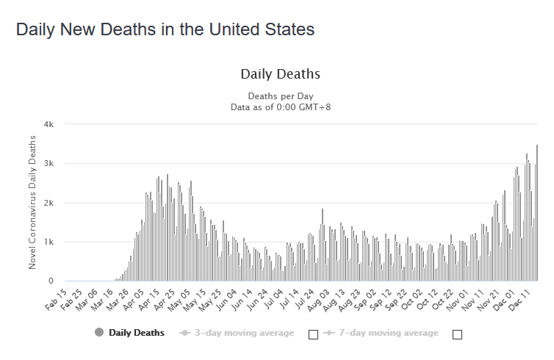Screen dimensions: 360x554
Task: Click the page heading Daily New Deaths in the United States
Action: (165, 30)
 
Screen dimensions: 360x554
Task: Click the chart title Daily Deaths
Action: (280, 74)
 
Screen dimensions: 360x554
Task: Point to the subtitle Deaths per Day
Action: (281, 96)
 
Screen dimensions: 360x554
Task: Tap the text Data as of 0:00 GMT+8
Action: (281, 107)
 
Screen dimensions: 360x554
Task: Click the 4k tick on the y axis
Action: (48, 124)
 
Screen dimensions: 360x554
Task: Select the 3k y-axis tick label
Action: (48, 163)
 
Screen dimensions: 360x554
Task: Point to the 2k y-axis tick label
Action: (48, 203)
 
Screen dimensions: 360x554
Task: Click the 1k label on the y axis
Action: (48, 242)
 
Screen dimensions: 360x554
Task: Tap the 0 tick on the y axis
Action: (51, 281)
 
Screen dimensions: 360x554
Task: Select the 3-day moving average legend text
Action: (243, 333)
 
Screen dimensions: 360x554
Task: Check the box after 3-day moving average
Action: (313, 334)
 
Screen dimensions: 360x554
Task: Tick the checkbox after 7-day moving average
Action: (458, 334)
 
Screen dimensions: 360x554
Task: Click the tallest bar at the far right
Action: (537, 213)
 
